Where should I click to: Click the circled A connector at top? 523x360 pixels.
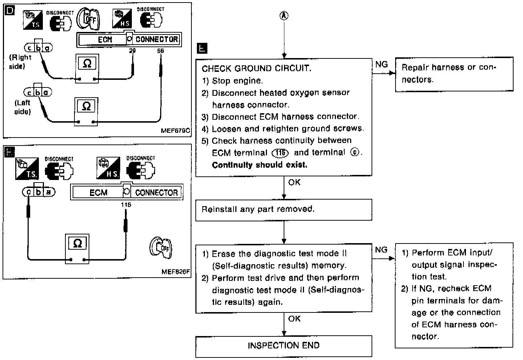pos(284,15)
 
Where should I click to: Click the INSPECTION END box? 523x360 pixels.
pos(284,345)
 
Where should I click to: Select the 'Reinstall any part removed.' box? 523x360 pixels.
pos(284,209)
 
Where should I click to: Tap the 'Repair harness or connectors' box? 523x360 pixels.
pos(454,73)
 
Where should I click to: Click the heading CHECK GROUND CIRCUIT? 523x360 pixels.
pos(256,69)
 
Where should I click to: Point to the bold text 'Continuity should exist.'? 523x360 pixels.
pos(259,165)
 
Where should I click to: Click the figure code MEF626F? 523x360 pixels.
pos(176,272)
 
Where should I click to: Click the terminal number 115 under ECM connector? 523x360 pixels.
pos(126,205)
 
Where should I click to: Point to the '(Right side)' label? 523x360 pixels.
pos(20,62)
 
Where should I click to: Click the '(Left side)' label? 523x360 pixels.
pos(23,107)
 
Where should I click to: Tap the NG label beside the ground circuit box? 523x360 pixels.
pos(381,65)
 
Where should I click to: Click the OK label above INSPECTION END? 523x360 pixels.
pos(294,319)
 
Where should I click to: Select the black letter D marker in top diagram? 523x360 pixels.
pos(10,11)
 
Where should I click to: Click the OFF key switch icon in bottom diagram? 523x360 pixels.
pos(160,248)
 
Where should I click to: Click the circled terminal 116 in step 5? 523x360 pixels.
pos(280,153)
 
